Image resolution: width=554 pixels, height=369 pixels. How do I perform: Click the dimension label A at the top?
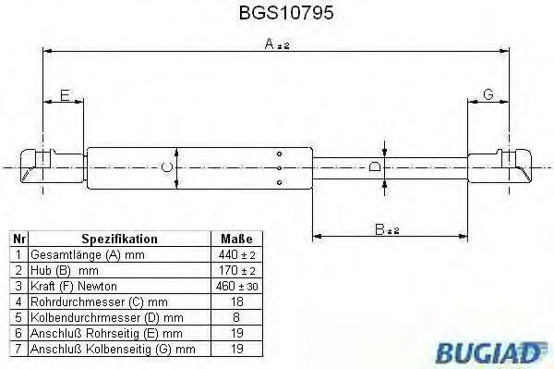[x=269, y=43]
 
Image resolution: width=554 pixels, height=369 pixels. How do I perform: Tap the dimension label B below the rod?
[x=379, y=228]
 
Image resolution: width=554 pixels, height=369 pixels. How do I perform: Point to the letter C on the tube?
[x=165, y=166]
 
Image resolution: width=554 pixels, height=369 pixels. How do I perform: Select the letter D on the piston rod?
[x=374, y=166]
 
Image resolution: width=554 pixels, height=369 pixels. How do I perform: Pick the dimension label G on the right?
[x=488, y=94]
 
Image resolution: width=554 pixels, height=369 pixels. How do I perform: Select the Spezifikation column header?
[x=119, y=239]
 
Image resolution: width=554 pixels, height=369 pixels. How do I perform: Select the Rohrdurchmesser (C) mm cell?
[x=86, y=301]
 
